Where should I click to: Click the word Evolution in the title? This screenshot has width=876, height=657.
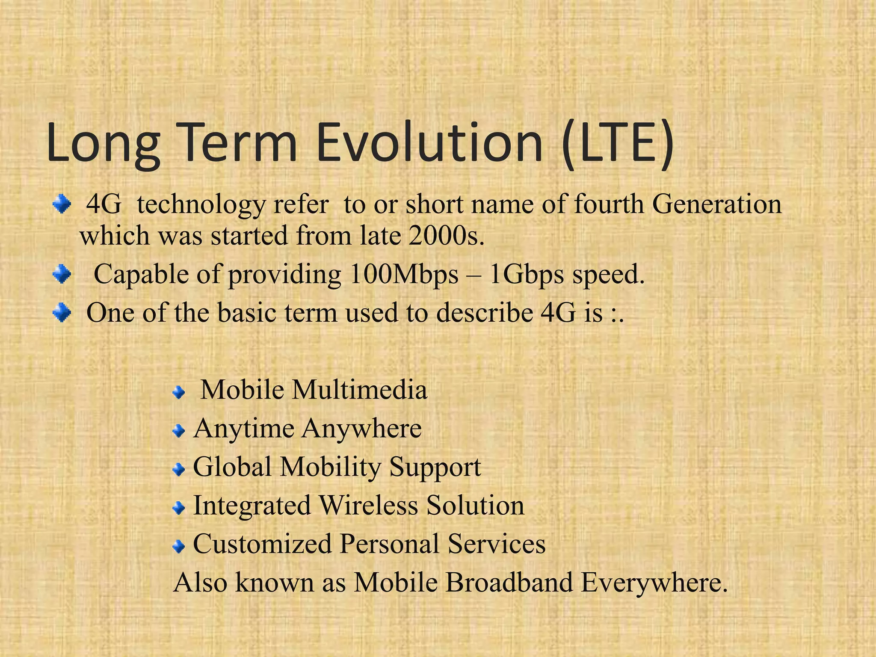pos(429,142)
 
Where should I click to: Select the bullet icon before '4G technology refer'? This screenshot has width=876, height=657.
pos(62,204)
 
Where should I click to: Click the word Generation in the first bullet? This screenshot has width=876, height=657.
pos(717,204)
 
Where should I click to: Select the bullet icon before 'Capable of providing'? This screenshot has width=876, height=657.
pos(62,274)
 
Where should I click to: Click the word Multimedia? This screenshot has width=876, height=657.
pos(360,390)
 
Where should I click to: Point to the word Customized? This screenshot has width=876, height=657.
pos(263,544)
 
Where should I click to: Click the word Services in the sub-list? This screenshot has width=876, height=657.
pos(497,544)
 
